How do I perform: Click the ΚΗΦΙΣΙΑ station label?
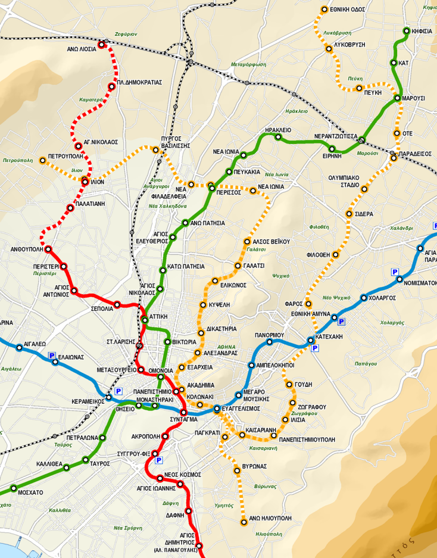[420, 31]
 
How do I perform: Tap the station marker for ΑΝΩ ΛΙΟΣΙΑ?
[102, 44]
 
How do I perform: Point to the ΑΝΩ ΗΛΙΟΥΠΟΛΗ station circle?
[244, 522]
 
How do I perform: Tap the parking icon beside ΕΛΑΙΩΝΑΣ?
[52, 356]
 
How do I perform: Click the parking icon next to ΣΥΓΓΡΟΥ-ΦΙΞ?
[158, 460]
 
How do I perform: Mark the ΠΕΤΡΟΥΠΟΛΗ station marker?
[42, 160]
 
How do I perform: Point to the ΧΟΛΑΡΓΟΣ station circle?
[364, 298]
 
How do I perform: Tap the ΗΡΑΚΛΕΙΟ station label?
[278, 129]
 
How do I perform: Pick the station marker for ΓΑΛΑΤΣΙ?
[237, 266]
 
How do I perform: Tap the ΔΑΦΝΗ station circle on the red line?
[189, 511]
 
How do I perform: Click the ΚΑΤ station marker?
[394, 63]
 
